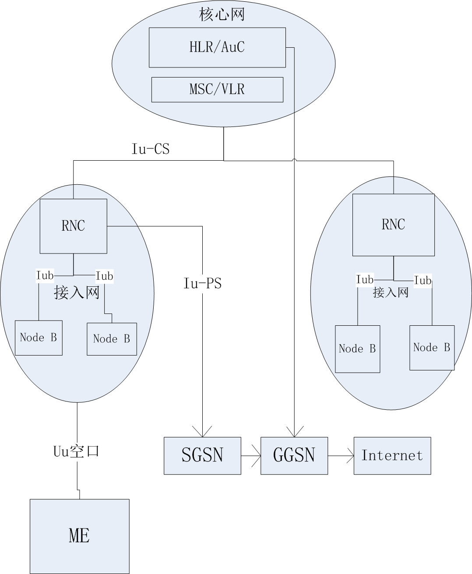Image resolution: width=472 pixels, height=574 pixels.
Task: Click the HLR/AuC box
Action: click(217, 47)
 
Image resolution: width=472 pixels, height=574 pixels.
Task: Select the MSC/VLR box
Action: click(217, 89)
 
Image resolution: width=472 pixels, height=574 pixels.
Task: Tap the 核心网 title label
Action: click(222, 14)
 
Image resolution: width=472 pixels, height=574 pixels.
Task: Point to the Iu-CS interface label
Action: click(150, 149)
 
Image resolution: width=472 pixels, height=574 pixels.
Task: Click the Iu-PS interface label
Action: click(202, 284)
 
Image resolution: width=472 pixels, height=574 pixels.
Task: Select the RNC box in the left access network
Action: click(73, 226)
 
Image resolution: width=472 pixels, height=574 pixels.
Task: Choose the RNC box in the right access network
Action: click(393, 225)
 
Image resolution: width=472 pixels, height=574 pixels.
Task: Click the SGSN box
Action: click(202, 455)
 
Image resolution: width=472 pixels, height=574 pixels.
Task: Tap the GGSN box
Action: click(294, 455)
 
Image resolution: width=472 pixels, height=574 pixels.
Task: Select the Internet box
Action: click(392, 455)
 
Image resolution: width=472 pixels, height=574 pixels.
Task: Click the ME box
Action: click(79, 536)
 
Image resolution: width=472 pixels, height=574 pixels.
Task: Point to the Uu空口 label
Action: click(76, 451)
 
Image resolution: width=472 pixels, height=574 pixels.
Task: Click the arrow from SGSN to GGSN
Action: click(251, 456)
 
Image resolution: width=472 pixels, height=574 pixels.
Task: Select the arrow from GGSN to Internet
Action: click(341, 456)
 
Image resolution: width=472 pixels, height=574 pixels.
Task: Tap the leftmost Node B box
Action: click(39, 338)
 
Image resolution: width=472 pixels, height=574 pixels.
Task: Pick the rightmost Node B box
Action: click(432, 348)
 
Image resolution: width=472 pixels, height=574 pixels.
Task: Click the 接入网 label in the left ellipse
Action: click(77, 292)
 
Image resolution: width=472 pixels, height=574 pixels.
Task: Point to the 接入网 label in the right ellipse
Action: click(391, 292)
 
